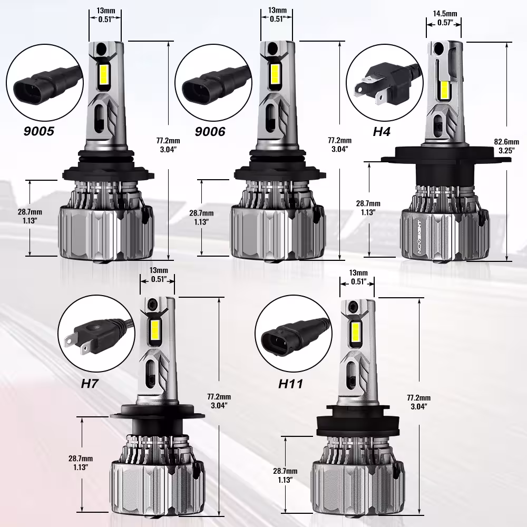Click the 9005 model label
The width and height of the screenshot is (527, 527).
coord(38,131)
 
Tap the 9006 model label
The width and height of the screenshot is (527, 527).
coord(210,131)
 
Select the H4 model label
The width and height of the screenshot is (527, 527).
coord(382,131)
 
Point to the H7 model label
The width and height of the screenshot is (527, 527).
coord(89,384)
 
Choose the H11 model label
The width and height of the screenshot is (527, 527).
coord(291,384)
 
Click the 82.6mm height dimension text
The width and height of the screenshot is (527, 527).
coord(506,142)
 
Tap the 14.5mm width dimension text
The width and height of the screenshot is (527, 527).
coord(445,14)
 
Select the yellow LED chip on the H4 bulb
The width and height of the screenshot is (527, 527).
coord(444,91)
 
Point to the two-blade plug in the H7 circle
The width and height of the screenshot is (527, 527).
coord(97,337)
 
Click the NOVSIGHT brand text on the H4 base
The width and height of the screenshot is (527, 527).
coord(419,237)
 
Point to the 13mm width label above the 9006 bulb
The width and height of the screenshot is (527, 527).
coord(277,11)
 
